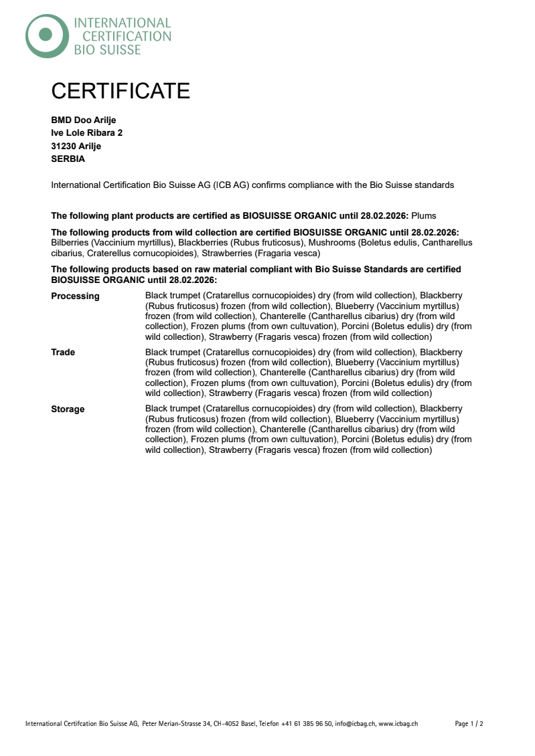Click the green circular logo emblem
46,35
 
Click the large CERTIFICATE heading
121,91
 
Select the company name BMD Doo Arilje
84,120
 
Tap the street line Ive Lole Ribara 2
86,133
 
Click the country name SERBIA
68,159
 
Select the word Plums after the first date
423,216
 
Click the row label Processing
75,296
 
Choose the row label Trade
63,353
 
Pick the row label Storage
68,409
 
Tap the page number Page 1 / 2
469,724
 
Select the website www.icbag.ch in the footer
398,724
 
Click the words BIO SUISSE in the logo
107,50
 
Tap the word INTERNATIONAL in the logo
123,23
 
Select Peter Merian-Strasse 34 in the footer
177,724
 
